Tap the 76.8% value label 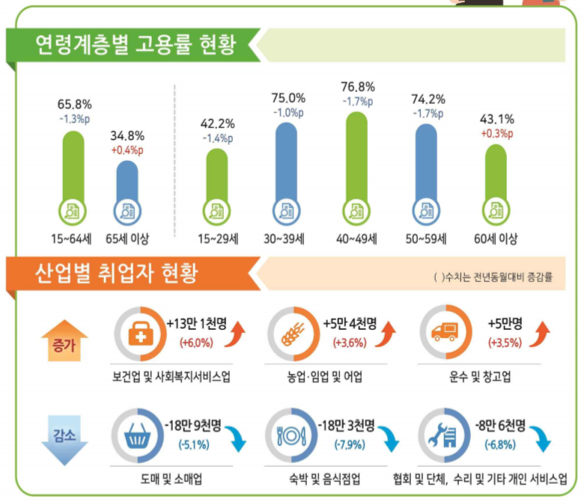[359, 87]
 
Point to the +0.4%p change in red [127, 150]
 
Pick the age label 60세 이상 [495, 239]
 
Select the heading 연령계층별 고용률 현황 [136, 45]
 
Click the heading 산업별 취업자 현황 [117, 274]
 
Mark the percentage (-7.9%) [350, 445]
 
